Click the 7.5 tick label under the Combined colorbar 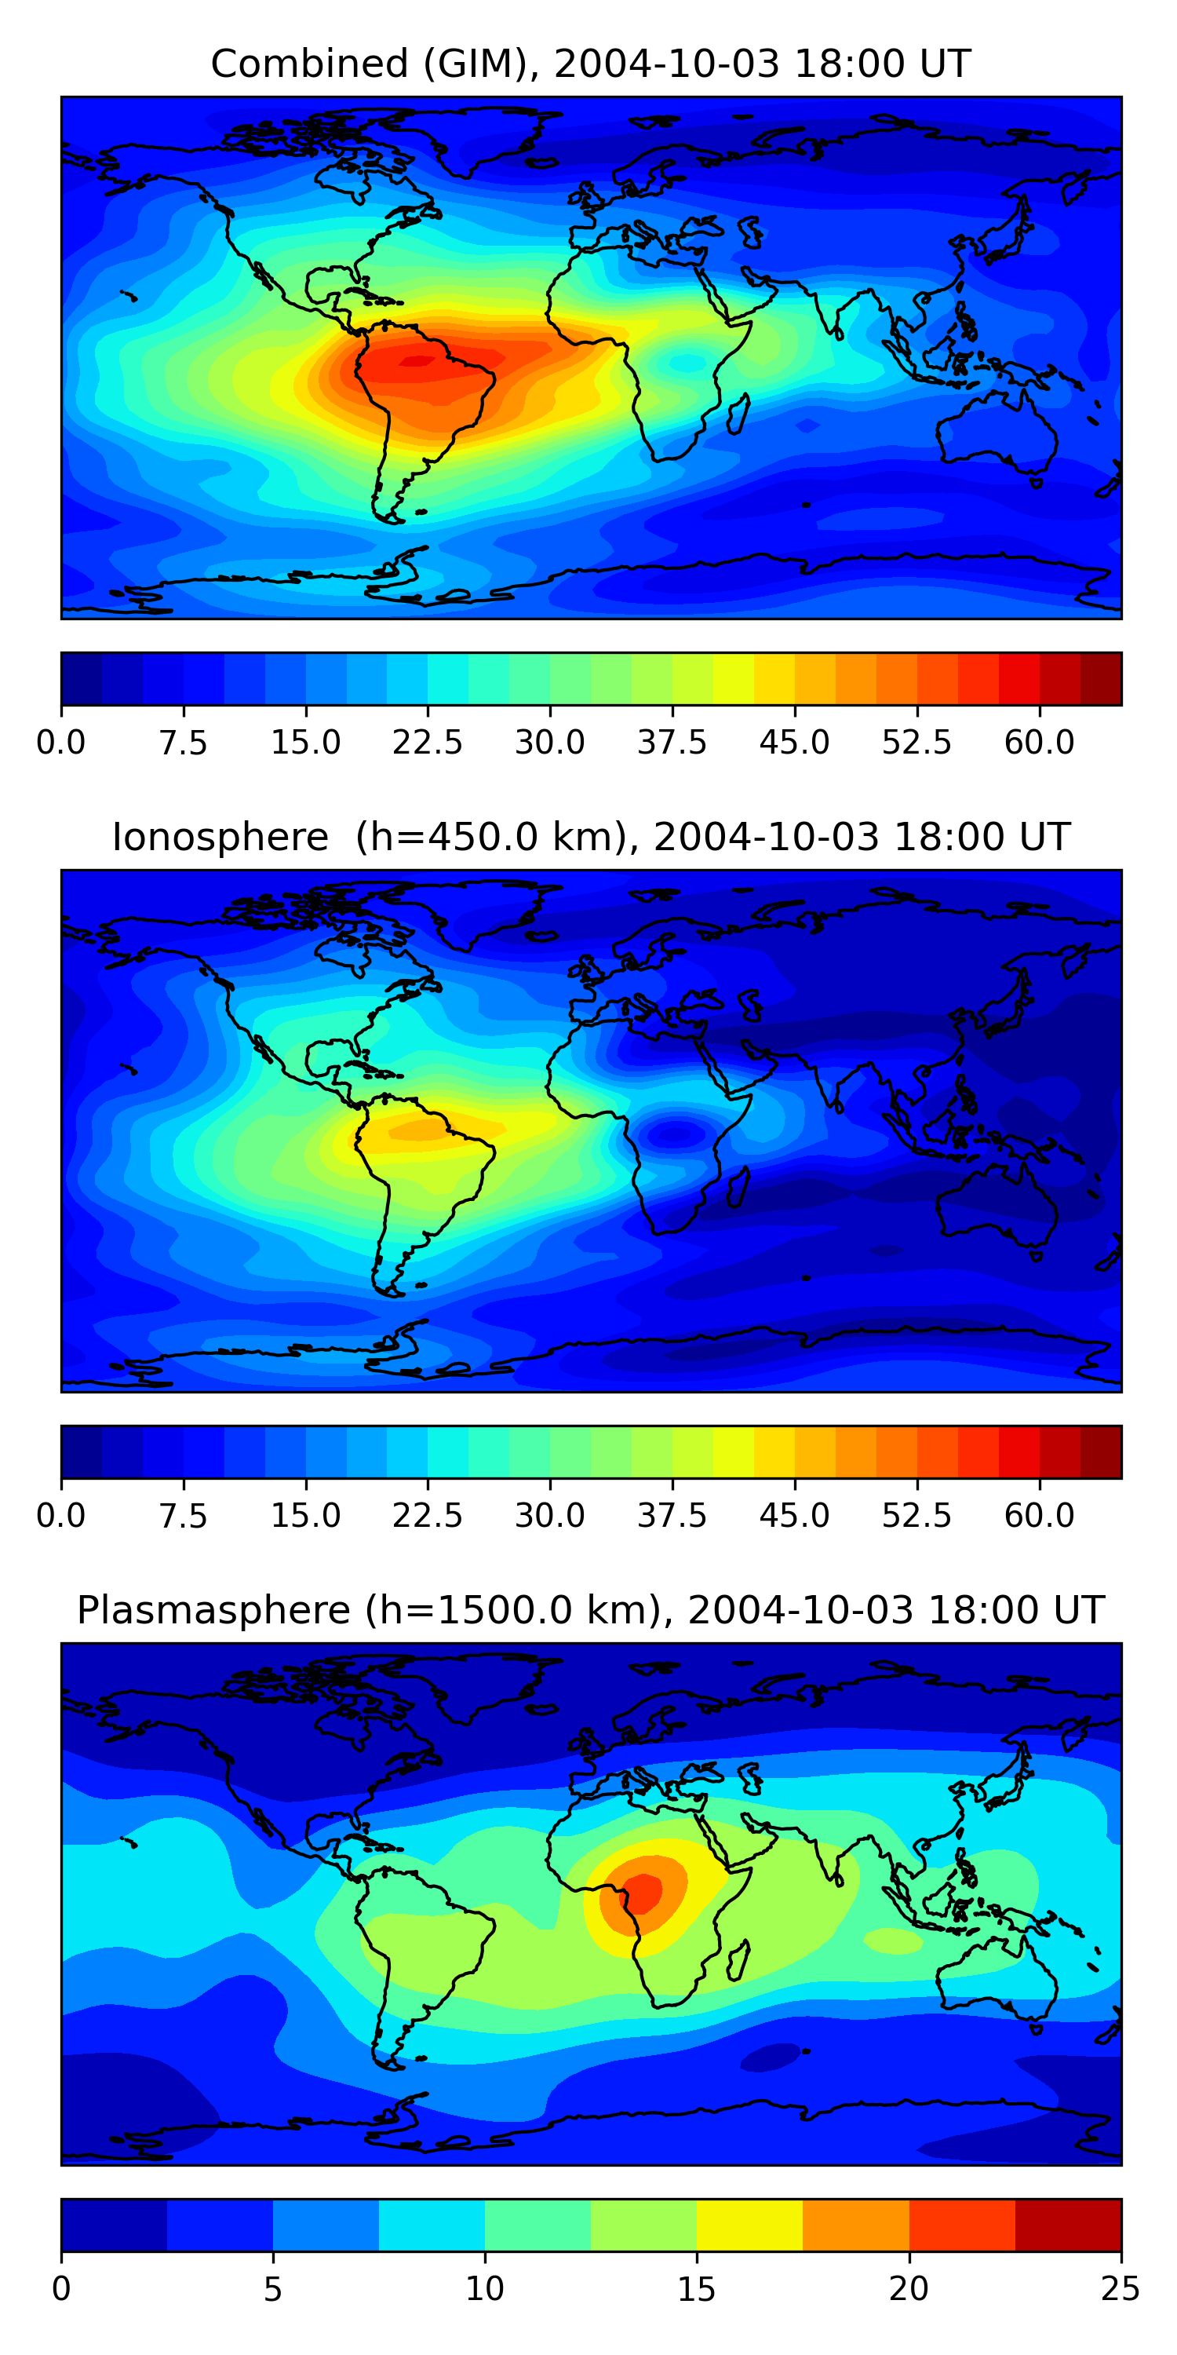pos(183,743)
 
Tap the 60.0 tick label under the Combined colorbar pos(1039,743)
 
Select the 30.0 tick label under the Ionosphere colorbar pos(549,1516)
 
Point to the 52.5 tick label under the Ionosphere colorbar pos(916,1516)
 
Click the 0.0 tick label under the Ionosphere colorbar pos(60,1516)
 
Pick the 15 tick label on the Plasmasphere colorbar pos(696,2289)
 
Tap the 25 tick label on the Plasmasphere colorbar pos(1120,2289)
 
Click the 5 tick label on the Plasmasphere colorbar pos(272,2289)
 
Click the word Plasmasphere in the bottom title pos(213,1610)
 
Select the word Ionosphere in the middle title pos(220,838)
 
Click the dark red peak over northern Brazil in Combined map pos(417,360)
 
